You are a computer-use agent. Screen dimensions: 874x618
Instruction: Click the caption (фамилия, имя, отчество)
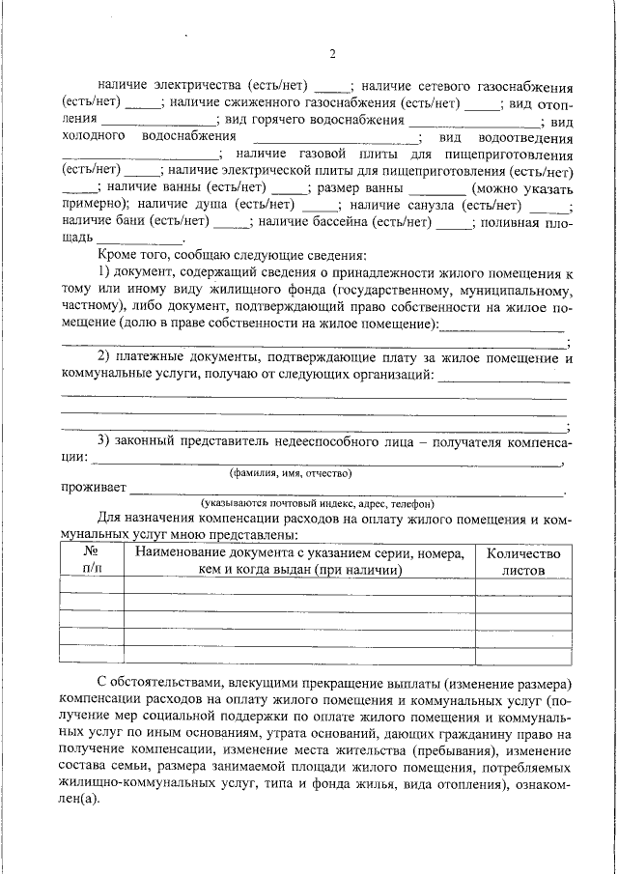tap(290, 473)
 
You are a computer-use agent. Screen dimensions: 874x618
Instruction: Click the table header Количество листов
tap(522, 561)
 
